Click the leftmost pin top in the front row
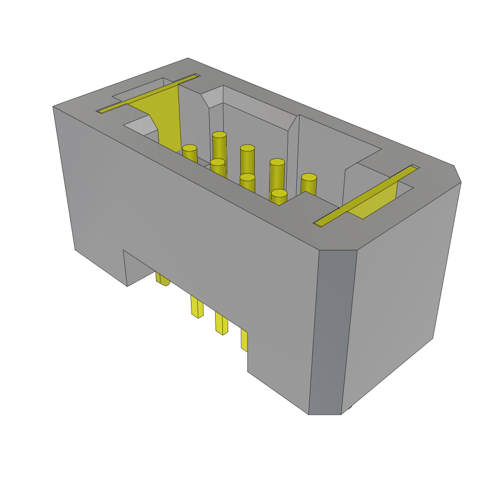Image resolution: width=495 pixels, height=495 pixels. pos(189,148)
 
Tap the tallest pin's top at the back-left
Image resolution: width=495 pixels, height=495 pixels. pos(219,135)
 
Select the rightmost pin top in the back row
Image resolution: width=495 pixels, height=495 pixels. pos(308,177)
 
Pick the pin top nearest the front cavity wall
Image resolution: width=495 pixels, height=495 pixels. pos(279,193)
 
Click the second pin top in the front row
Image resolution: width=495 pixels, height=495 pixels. pos(218,162)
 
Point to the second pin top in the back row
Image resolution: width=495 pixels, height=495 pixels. pos(247,148)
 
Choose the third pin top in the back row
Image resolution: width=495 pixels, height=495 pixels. pos(277,162)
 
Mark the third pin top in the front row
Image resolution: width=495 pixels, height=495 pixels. pos(247,177)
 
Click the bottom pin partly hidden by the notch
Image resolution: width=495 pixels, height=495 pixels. pos(162,279)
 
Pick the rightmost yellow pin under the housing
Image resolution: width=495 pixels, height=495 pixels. pos(244,340)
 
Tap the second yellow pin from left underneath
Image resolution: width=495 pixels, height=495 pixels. pos(197,307)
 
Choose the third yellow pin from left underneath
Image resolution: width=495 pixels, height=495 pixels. pos(221,323)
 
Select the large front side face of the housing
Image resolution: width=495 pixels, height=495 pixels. pos(193,218)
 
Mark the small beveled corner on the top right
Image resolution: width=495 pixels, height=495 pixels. pos(457,174)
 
